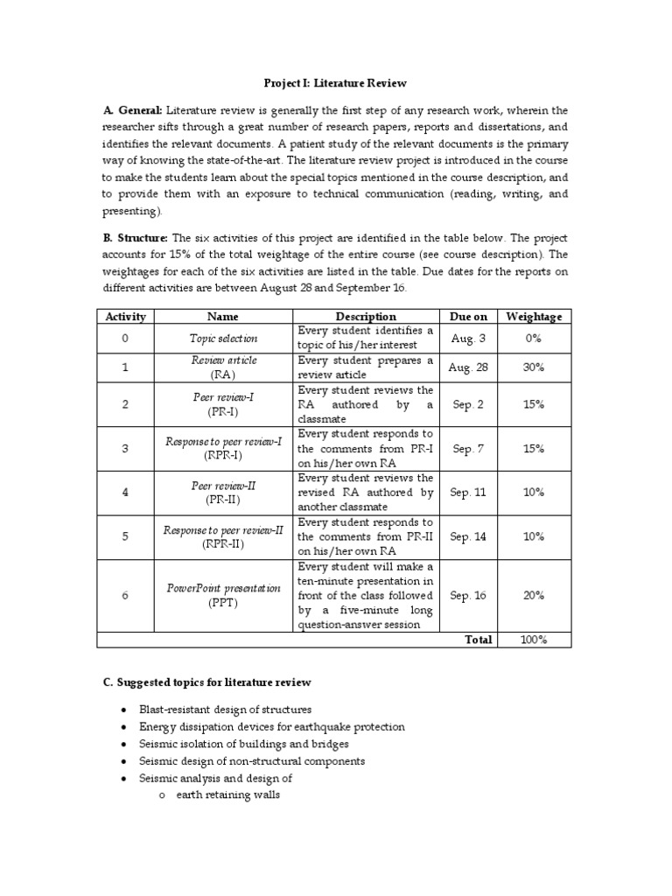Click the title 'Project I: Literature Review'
point(336,83)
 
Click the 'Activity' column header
point(125,316)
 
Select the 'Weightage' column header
point(534,316)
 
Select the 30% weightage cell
point(534,367)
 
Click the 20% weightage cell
point(534,595)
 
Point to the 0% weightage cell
point(534,337)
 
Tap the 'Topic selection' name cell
point(224,337)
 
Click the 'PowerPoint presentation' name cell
point(224,595)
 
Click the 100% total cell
point(534,640)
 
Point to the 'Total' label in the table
point(478,640)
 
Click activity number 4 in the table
point(125,492)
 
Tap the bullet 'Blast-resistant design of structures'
point(226,710)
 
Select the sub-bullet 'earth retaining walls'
point(227,795)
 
